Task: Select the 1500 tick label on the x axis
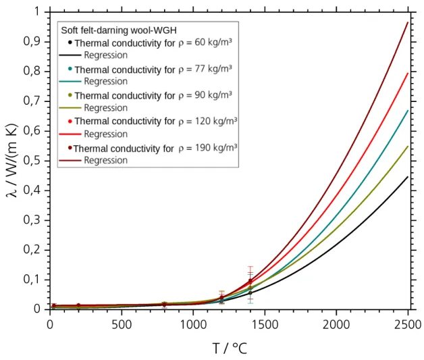(264, 324)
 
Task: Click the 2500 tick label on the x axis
(406, 324)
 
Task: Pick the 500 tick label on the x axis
(122, 324)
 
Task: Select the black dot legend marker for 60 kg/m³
(70, 43)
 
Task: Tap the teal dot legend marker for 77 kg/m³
(70, 69)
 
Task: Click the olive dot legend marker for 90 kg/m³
(70, 95)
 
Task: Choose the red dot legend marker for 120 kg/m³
(70, 121)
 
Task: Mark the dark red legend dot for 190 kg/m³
(70, 147)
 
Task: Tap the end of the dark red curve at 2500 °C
(407, 22)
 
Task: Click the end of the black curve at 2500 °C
(407, 177)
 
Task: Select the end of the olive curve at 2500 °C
(407, 147)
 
